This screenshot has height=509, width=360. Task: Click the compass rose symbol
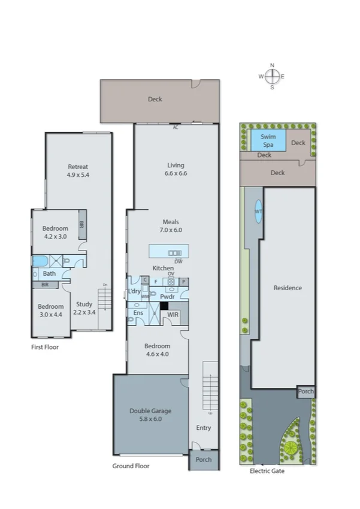tap(272, 76)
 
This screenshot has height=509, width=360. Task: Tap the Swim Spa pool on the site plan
tap(264, 141)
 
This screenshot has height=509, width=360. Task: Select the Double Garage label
tap(150, 415)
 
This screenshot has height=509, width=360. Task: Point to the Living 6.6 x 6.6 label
tap(175, 169)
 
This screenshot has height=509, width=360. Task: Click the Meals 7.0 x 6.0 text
tap(170, 225)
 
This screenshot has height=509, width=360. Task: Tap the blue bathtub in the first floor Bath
tap(41, 261)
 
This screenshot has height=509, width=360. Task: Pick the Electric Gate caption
tap(267, 471)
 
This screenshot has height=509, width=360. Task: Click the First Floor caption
tap(44, 347)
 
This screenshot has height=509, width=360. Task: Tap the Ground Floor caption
tap(131, 466)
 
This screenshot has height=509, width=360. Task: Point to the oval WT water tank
tap(258, 212)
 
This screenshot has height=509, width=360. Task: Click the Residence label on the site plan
tap(287, 288)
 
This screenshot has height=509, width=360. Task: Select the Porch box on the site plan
tap(305, 392)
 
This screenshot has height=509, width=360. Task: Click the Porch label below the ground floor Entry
tap(204, 460)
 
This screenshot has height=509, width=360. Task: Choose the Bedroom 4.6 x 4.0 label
tap(157, 350)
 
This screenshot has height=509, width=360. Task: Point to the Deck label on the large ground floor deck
tap(155, 100)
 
